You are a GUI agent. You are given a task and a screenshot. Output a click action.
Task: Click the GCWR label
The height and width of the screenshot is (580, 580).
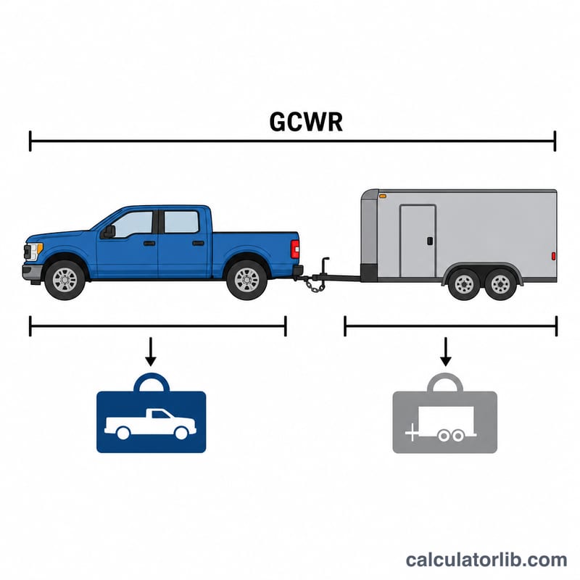click(306, 122)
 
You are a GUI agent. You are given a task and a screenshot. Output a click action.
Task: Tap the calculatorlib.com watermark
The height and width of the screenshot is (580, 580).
click(486, 560)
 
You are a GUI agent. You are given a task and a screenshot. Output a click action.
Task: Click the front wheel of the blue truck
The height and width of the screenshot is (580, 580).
click(65, 280)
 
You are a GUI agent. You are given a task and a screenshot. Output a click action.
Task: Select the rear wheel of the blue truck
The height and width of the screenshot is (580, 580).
click(246, 280)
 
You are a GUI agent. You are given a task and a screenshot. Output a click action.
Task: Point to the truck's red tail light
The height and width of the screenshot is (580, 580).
click(295, 249)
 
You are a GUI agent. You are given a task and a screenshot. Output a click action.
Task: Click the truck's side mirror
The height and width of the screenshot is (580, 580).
click(109, 232)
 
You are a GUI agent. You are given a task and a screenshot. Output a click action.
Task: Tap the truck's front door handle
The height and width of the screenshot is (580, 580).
click(149, 244)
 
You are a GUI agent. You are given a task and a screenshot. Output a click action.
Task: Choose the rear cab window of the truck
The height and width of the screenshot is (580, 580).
click(181, 222)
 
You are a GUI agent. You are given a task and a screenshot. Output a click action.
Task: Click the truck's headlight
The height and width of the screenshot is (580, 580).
click(34, 251)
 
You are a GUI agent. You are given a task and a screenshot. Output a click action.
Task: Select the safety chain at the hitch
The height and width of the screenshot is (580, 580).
click(314, 285)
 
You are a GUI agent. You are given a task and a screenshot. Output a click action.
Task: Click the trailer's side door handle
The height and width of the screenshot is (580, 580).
click(430, 241)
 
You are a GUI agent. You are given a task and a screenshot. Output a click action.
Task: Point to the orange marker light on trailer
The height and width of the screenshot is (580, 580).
click(383, 196)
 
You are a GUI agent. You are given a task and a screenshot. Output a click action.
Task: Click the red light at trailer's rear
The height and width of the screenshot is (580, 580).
click(553, 256)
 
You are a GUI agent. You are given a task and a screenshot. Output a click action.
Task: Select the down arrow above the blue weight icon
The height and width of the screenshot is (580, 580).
click(151, 352)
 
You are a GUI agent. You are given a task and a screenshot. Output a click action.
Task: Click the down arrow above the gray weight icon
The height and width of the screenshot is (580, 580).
click(446, 352)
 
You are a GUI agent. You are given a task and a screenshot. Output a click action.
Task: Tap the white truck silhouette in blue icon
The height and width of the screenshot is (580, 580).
click(150, 424)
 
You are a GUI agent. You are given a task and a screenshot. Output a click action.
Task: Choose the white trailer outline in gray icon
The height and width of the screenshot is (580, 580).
click(441, 424)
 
